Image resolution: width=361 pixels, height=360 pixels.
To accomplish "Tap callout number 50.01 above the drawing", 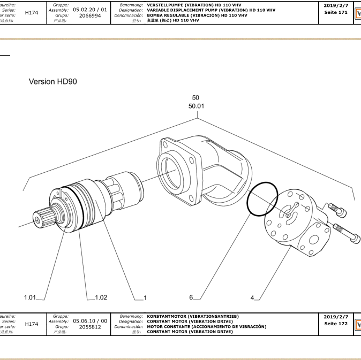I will coord(196,106).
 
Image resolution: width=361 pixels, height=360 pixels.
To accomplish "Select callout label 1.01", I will coord(30,297).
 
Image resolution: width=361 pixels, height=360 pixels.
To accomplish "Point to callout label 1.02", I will coord(101,297).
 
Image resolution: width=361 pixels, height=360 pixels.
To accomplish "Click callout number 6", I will coord(191,297).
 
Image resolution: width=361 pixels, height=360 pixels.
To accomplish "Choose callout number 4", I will coord(252,297).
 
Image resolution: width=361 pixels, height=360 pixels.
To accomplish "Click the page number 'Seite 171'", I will coord(336,12).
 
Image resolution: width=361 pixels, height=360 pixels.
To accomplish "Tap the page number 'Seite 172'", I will coord(336,324).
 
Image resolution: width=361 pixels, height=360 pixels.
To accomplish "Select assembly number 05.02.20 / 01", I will coord(90,10).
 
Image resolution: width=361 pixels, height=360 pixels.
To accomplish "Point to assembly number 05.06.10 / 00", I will coord(90,321).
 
